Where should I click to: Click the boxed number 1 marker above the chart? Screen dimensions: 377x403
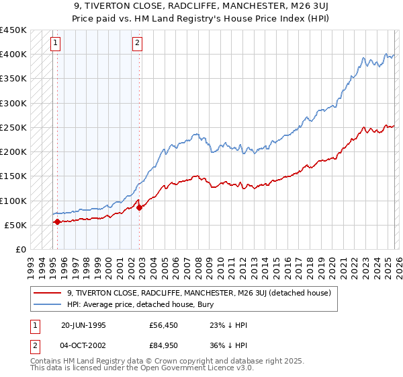pyautogui.click(x=55, y=44)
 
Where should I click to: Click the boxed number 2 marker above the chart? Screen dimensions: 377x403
pyautogui.click(x=137, y=44)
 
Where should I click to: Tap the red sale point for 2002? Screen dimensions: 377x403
pyautogui.click(x=139, y=207)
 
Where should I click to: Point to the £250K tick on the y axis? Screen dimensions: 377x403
pyautogui.click(x=13, y=127)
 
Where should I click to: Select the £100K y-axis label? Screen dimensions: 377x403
pyautogui.click(x=13, y=201)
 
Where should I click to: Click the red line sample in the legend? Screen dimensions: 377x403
pyautogui.click(x=47, y=293)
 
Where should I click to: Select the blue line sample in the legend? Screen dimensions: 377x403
pyautogui.click(x=47, y=304)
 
